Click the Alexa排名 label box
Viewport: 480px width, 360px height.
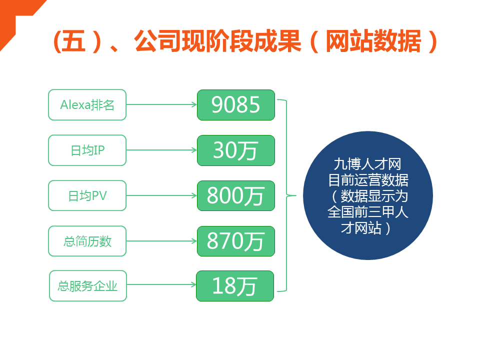[x=87, y=104]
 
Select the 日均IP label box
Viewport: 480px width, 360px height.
[x=87, y=150]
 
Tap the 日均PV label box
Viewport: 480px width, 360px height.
[x=87, y=195]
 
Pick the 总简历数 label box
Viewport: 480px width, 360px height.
[x=87, y=241]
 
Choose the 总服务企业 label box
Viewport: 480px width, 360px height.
[x=88, y=286]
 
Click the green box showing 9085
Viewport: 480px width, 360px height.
[x=235, y=105]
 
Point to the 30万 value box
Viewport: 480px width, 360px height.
[x=235, y=150]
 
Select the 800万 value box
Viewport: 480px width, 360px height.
[x=235, y=195]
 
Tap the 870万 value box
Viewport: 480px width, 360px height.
[x=235, y=241]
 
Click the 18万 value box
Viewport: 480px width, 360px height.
[x=235, y=286]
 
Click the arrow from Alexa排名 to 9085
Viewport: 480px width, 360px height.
[x=161, y=104]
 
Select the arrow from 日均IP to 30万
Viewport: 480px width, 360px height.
[x=161, y=150]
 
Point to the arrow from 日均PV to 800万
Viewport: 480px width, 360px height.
[x=161, y=195]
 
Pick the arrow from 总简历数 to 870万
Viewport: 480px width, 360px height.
[x=161, y=241]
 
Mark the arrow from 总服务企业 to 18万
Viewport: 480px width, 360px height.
[x=161, y=284]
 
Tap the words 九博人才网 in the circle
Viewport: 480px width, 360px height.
[x=367, y=164]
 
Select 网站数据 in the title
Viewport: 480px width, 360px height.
[x=373, y=41]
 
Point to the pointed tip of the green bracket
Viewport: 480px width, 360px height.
[x=296, y=195]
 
